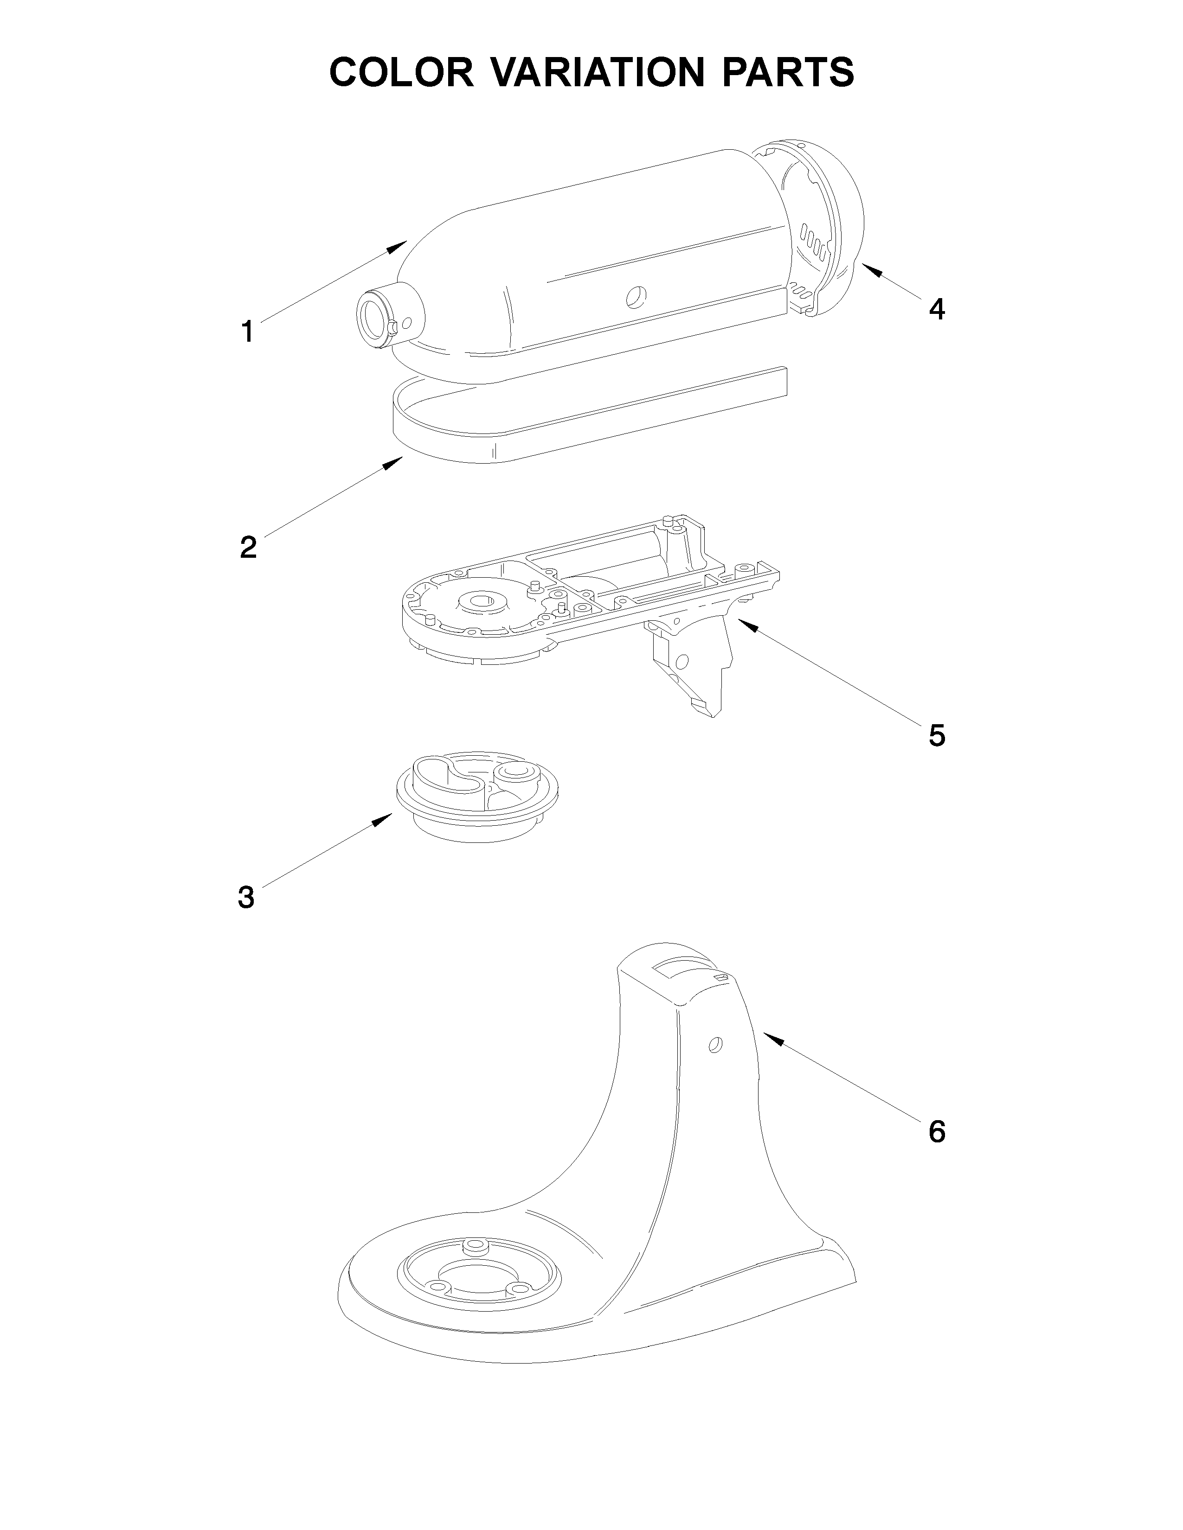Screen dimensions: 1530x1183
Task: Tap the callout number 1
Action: [x=247, y=331]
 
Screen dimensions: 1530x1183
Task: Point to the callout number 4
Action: [x=936, y=309]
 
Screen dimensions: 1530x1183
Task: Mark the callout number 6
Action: [x=937, y=1131]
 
